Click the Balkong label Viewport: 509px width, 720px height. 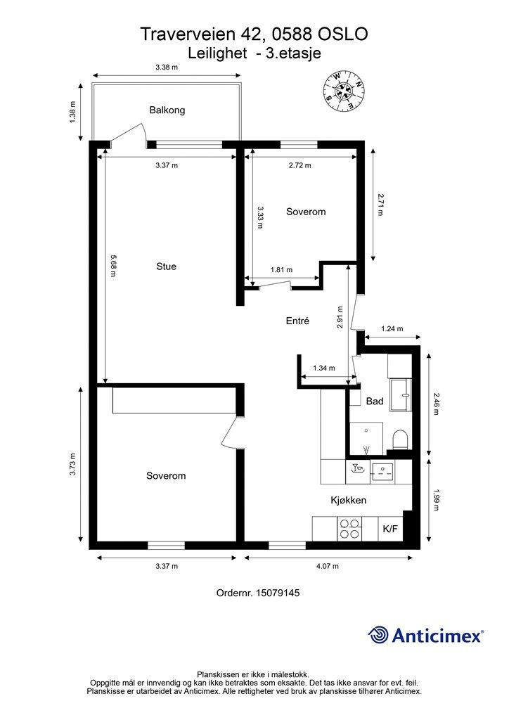pyautogui.click(x=167, y=110)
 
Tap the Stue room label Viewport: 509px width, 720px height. pyautogui.click(x=166, y=266)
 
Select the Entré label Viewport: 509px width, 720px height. pyautogui.click(x=297, y=321)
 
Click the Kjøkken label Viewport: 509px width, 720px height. pyautogui.click(x=349, y=500)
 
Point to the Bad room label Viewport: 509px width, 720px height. pyautogui.click(x=375, y=401)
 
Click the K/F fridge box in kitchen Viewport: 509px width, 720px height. pyautogui.click(x=390, y=529)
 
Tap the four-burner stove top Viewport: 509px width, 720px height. pyautogui.click(x=349, y=529)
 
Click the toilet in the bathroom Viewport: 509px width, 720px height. pyautogui.click(x=400, y=440)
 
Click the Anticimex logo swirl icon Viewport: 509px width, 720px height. pyautogui.click(x=378, y=635)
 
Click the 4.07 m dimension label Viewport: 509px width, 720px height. pyautogui.click(x=327, y=566)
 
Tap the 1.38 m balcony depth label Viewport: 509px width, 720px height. pyautogui.click(x=72, y=112)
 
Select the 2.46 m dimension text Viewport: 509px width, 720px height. pyautogui.click(x=437, y=404)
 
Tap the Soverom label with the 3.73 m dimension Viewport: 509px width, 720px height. pyautogui.click(x=166, y=476)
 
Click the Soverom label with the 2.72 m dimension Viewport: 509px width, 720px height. pyautogui.click(x=306, y=212)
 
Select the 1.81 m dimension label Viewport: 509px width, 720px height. pyautogui.click(x=281, y=270)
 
